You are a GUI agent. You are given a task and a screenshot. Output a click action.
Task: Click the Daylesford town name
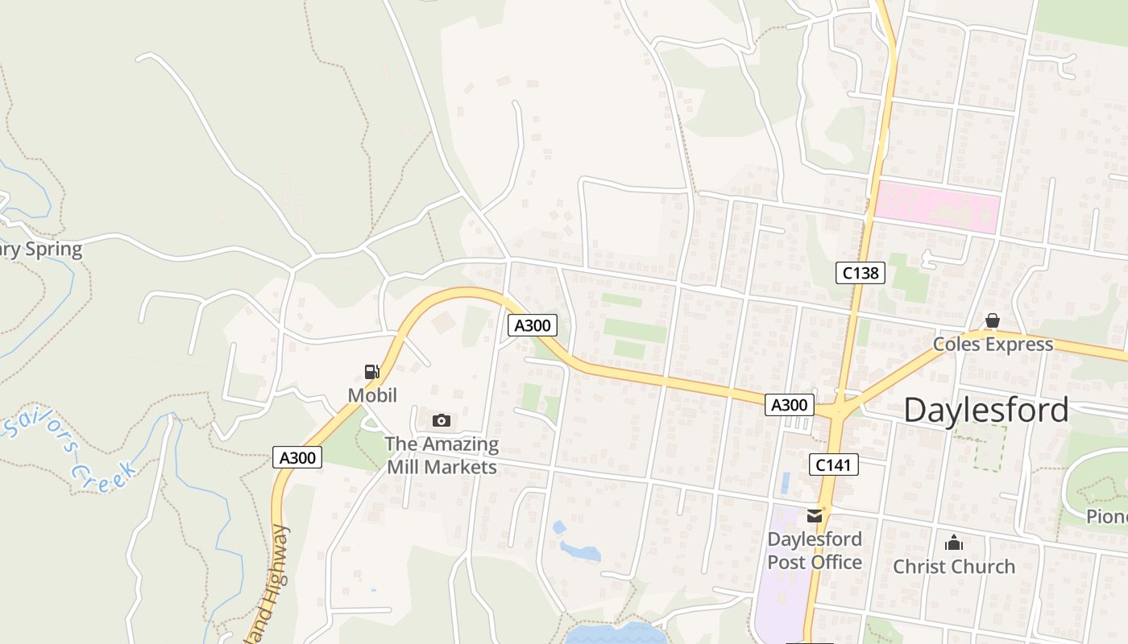click(x=985, y=410)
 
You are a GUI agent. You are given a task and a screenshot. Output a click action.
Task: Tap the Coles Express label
click(x=993, y=345)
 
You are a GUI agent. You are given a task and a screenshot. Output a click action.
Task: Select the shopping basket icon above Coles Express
click(x=992, y=321)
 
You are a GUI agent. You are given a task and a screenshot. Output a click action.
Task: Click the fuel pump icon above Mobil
click(x=371, y=372)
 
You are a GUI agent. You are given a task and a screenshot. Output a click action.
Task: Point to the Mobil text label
click(x=372, y=395)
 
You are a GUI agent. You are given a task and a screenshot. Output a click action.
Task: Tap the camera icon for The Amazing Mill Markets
click(x=441, y=420)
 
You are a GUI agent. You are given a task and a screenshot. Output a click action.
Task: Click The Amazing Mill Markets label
click(x=442, y=455)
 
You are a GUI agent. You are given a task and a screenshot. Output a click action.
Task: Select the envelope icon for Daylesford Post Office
click(x=815, y=516)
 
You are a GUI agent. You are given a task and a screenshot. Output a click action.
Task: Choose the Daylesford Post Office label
click(x=815, y=551)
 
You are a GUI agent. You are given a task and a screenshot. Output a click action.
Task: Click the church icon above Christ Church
click(x=954, y=543)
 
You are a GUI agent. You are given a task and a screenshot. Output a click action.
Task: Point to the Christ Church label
click(x=954, y=567)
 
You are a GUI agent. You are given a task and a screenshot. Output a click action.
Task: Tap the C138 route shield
click(x=860, y=273)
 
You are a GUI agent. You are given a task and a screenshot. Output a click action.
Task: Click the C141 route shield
click(x=833, y=464)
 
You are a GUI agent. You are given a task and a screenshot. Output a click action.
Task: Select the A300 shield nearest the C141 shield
click(x=789, y=405)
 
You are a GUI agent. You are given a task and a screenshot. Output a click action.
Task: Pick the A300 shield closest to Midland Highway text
click(x=297, y=457)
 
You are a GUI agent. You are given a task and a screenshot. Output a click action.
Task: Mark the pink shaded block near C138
click(x=937, y=208)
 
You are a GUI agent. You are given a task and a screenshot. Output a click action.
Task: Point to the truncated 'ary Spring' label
click(x=40, y=249)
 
